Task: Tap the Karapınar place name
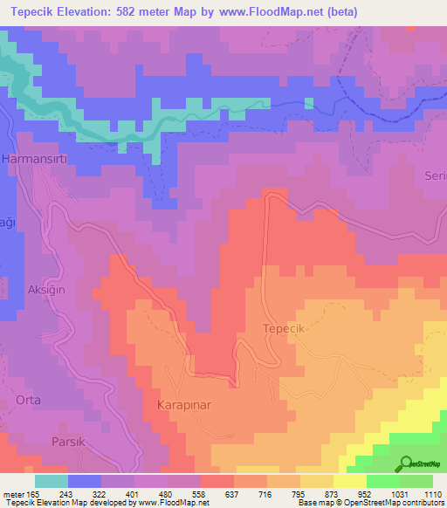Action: (185, 406)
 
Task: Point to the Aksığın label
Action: (48, 288)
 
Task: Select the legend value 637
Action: (233, 493)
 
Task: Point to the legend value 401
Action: (134, 493)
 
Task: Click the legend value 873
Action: (333, 493)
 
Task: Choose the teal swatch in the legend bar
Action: (52, 480)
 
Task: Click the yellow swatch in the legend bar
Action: (350, 480)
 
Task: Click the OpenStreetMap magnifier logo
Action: (406, 463)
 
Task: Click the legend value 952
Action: (366, 493)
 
